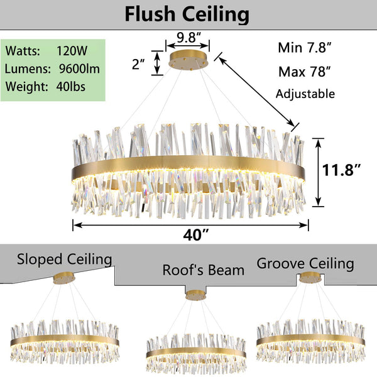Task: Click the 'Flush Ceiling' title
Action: (187, 14)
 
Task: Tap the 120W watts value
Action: (72, 51)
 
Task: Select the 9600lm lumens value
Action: (79, 68)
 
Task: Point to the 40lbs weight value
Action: (70, 87)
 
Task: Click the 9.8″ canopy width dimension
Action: (188, 37)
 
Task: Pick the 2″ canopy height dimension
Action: (138, 64)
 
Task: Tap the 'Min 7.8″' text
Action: (305, 48)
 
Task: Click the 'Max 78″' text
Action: (305, 72)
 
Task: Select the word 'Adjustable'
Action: (305, 94)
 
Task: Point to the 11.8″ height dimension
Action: (341, 170)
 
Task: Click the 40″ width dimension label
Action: (196, 235)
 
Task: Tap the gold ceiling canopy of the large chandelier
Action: (189, 60)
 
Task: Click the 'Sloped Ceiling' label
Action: (65, 260)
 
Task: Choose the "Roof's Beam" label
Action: (204, 270)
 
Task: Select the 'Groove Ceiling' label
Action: (305, 264)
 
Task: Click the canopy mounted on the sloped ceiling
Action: (64, 278)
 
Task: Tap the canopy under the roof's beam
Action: (195, 295)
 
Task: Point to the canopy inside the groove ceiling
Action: (310, 278)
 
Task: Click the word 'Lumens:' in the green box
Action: (28, 68)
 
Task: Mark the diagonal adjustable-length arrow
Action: (256, 92)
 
